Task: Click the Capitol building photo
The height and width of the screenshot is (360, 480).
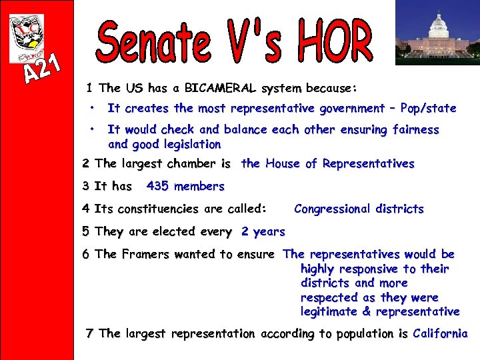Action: pyautogui.click(x=437, y=32)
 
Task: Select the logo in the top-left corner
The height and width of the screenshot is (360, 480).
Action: pyautogui.click(x=27, y=39)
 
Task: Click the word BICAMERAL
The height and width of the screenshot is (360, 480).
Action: pyautogui.click(x=221, y=88)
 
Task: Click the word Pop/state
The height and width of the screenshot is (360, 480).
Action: pyautogui.click(x=428, y=108)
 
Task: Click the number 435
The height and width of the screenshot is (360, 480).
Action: pyautogui.click(x=157, y=186)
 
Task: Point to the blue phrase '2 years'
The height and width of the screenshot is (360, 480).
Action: pyautogui.click(x=263, y=232)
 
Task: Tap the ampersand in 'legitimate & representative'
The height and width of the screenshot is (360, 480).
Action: pyautogui.click(x=367, y=311)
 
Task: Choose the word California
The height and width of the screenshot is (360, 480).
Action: pyautogui.click(x=440, y=333)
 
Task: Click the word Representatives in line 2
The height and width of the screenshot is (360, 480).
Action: pyautogui.click(x=368, y=163)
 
